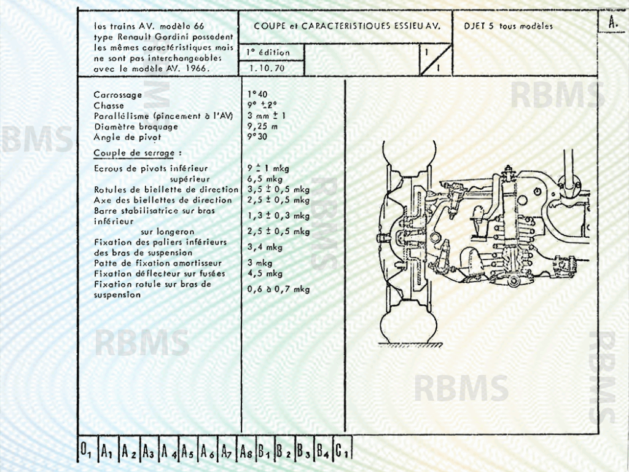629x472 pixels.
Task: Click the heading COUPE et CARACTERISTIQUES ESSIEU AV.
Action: [347, 26]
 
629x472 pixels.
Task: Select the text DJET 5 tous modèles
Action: [508, 26]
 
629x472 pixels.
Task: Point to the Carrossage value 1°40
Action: [258, 95]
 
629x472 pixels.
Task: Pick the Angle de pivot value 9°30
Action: [258, 137]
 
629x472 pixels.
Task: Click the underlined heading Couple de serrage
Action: [138, 152]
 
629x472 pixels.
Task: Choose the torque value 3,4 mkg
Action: [265, 247]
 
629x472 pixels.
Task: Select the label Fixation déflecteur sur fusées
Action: [159, 273]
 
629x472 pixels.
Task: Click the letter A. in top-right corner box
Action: [612, 22]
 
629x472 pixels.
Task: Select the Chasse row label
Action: [109, 106]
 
